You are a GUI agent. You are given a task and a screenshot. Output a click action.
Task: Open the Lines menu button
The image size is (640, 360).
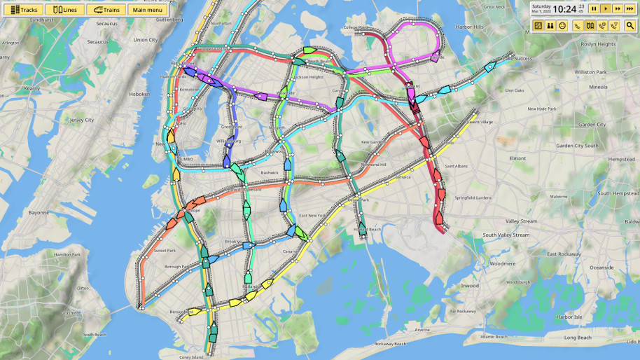click(64, 10)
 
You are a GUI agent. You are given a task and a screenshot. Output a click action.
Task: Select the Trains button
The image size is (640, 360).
click(106, 10)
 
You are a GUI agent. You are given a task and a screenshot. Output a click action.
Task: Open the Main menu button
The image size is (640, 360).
click(147, 10)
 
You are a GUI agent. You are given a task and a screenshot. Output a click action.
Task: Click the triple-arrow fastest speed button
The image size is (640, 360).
click(630, 8)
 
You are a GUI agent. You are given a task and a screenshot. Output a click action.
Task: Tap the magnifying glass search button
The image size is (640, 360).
click(630, 25)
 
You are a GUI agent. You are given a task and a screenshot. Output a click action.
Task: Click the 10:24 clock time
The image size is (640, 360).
click(564, 9)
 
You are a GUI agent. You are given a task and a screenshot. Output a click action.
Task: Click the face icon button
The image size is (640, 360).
click(562, 25)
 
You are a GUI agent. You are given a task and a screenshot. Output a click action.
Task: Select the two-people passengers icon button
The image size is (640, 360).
click(550, 25)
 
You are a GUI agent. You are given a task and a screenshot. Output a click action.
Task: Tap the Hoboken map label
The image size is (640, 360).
click(139, 94)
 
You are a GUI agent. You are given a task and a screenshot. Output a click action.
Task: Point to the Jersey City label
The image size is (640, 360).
click(82, 120)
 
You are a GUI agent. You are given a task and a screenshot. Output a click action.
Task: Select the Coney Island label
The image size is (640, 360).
click(190, 357)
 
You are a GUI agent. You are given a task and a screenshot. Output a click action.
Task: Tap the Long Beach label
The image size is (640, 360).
click(578, 338)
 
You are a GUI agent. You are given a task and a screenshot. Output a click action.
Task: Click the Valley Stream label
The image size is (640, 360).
click(522, 221)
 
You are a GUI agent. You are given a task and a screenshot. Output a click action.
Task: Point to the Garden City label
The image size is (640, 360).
click(592, 125)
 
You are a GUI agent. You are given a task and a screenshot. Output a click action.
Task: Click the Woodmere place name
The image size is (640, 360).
click(502, 264)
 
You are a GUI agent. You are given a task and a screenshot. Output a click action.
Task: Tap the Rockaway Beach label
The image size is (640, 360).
click(390, 344)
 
